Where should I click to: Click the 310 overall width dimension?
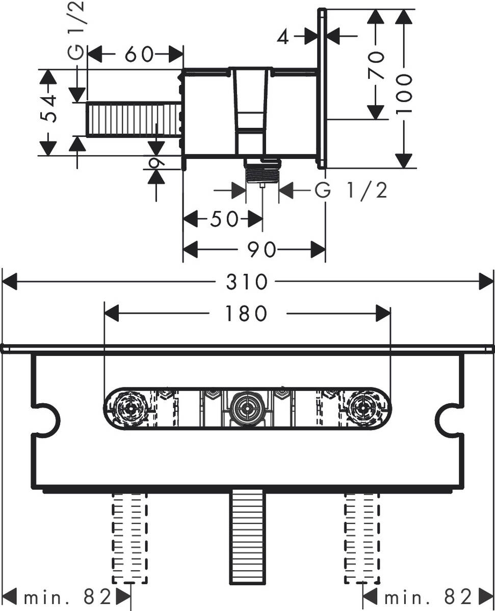pyautogui.click(x=247, y=281)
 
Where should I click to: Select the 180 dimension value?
pyautogui.click(x=247, y=314)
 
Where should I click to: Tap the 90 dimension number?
pyautogui.click(x=262, y=250)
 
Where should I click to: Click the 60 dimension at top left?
pyautogui.click(x=139, y=54)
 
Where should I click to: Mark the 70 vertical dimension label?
pyautogui.click(x=376, y=65)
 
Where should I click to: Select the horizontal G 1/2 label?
pyautogui.click(x=351, y=191)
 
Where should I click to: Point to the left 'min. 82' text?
pyautogui.click(x=64, y=595)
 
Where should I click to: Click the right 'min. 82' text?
pyautogui.click(x=428, y=595)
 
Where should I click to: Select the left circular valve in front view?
pyautogui.click(x=131, y=408)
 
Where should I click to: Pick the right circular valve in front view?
pyautogui.click(x=363, y=408)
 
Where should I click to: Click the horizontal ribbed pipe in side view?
pyautogui.click(x=134, y=120)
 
